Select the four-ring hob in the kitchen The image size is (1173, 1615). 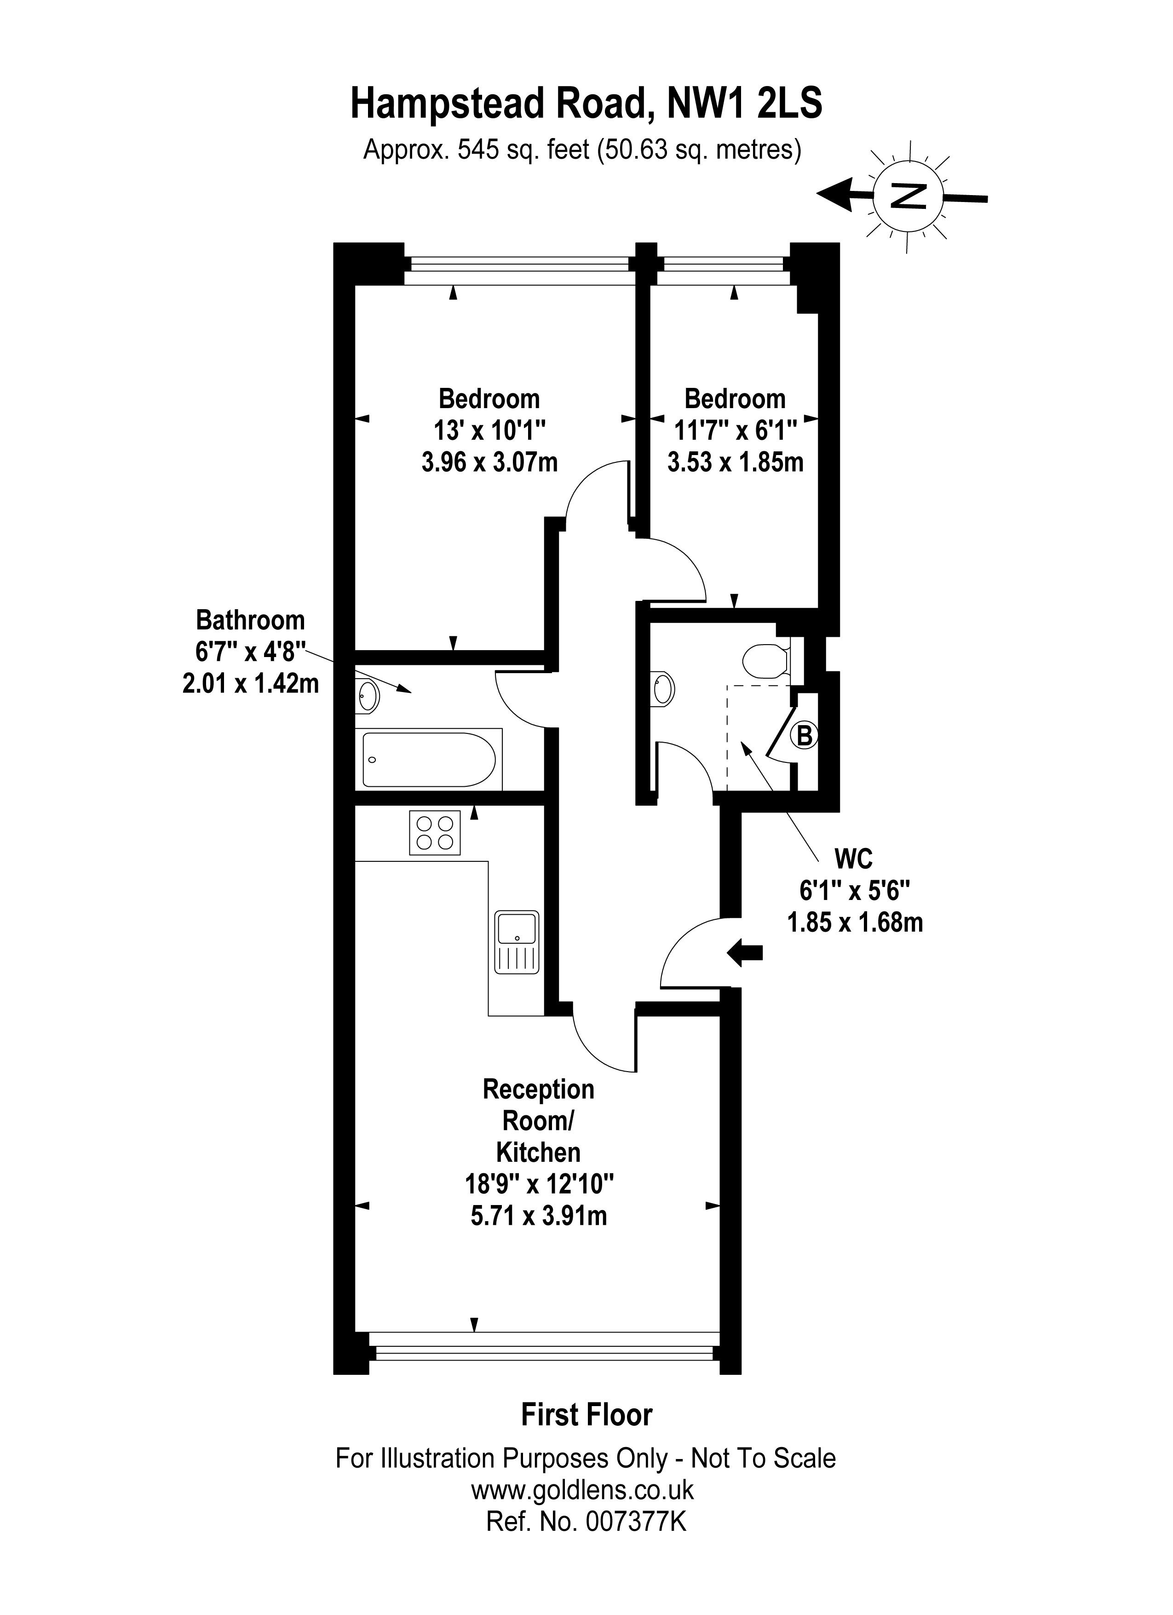(x=435, y=833)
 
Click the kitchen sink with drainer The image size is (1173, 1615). (x=517, y=942)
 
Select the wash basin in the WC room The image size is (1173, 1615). (x=663, y=689)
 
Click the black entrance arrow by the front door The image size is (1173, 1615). (x=745, y=952)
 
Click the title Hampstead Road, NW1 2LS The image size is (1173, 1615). (x=586, y=103)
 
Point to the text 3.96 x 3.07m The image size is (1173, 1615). (x=490, y=462)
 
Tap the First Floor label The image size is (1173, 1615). (x=586, y=1415)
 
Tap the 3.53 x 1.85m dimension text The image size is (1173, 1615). (x=735, y=462)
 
